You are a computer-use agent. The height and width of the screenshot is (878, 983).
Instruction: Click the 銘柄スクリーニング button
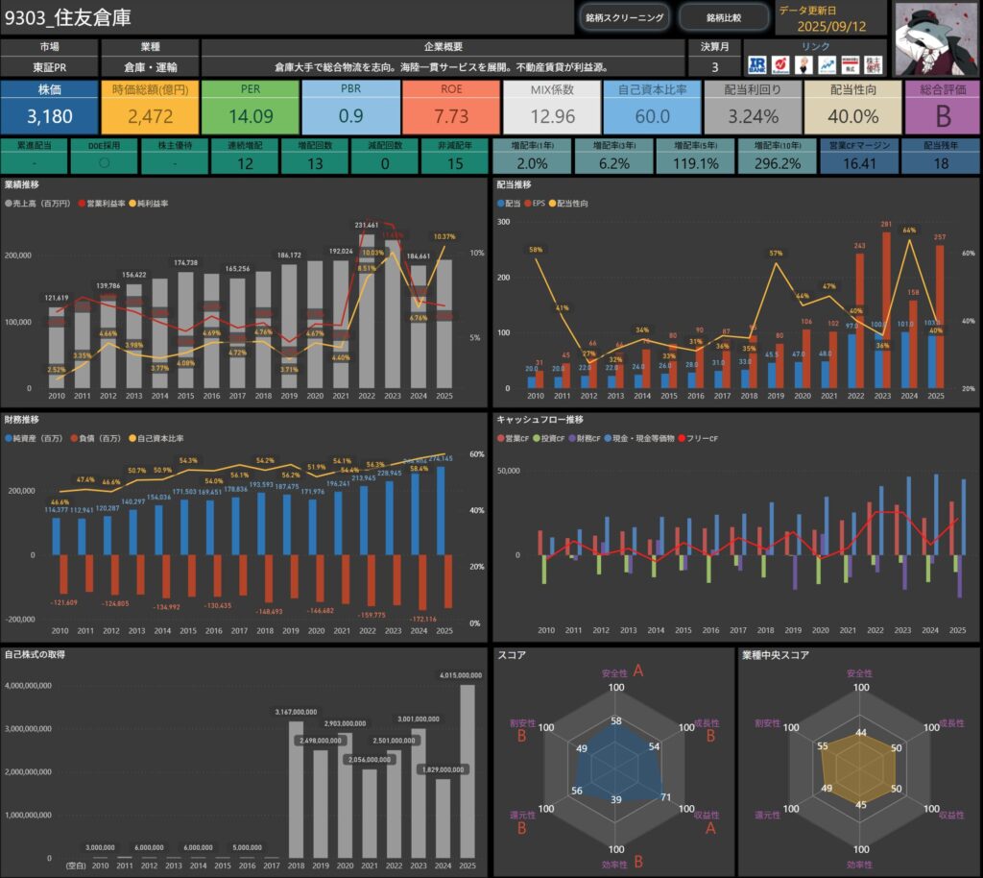[x=624, y=17]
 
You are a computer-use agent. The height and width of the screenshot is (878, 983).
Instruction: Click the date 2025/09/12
[x=832, y=27]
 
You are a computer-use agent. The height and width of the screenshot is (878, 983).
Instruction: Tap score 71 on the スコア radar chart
[x=667, y=796]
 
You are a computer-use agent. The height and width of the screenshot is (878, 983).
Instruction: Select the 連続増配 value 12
[x=245, y=163]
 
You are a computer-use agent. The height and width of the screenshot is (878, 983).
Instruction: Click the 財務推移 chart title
[x=22, y=420]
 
